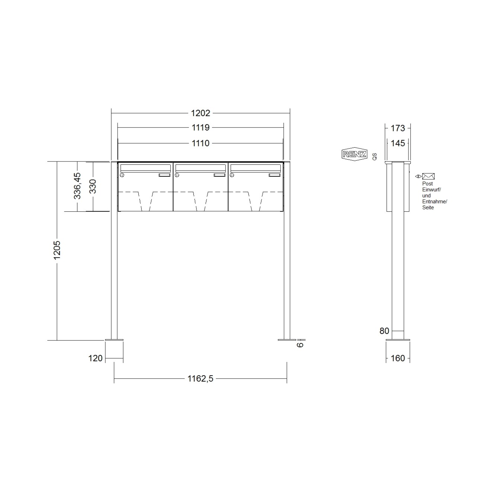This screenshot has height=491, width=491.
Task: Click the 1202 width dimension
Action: (x=200, y=113)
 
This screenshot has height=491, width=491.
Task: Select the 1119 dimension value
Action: (x=200, y=128)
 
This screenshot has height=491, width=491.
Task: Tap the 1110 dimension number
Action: (x=200, y=143)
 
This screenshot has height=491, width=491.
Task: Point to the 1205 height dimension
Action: (x=57, y=250)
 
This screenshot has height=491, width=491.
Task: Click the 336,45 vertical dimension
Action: (x=77, y=186)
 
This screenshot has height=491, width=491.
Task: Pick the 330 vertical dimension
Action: (x=93, y=186)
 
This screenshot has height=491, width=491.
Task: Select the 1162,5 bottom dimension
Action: (x=200, y=379)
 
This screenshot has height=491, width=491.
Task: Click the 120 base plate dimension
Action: (x=95, y=358)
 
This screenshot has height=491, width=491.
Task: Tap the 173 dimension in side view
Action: (x=398, y=128)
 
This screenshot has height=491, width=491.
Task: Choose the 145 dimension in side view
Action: (x=398, y=143)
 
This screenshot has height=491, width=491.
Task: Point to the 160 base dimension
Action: (x=398, y=358)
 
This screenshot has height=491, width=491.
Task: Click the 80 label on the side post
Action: (x=384, y=331)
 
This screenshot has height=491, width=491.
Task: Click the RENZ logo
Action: (x=354, y=154)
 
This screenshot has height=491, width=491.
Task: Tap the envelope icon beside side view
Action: (x=428, y=176)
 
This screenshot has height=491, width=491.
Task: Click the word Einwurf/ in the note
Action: (x=431, y=189)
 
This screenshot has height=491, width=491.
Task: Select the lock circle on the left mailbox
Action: (x=122, y=175)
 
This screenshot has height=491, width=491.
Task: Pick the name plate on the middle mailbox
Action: (x=219, y=175)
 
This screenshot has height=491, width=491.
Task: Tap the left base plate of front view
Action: (x=114, y=340)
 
